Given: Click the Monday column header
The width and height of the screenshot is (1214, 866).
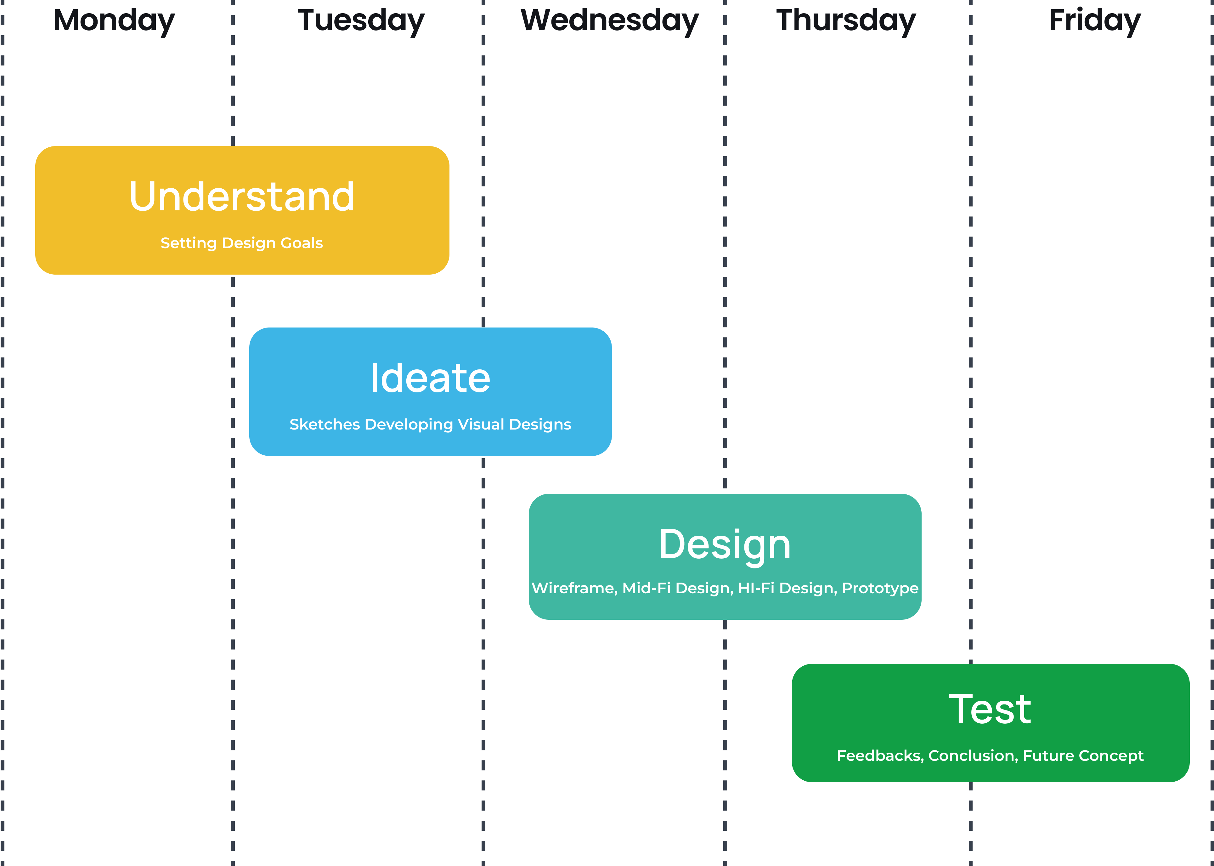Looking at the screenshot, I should (114, 21).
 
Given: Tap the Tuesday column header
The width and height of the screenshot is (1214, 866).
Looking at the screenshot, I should (361, 21).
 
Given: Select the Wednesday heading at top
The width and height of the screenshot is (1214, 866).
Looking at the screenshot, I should (609, 21).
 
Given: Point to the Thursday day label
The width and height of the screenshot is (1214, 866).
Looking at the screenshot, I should (846, 21).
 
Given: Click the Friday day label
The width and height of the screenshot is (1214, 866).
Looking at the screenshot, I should (1095, 21).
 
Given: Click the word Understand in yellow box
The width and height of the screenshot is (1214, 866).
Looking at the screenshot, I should (242, 196).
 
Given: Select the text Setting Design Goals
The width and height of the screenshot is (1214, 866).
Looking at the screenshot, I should (242, 243).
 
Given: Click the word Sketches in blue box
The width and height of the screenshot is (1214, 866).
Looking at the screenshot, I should (325, 424).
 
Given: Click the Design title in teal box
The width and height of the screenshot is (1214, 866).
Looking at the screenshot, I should (725, 544).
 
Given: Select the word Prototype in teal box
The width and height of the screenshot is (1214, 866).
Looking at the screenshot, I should (880, 588).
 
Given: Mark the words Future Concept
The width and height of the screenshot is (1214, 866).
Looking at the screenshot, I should (1083, 755).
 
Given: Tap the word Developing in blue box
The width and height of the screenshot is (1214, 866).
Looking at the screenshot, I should (409, 424).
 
